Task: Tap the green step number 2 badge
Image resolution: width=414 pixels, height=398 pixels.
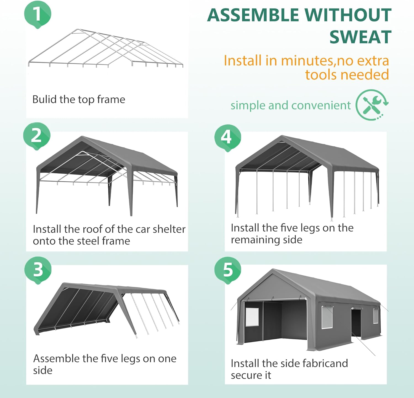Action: click(x=37, y=136)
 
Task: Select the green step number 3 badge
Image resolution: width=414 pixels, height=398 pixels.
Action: click(x=38, y=270)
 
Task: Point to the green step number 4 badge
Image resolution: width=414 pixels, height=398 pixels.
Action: click(x=228, y=137)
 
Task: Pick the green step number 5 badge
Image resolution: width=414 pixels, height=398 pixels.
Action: click(x=228, y=270)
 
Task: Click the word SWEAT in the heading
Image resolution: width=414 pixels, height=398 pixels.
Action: click(x=360, y=37)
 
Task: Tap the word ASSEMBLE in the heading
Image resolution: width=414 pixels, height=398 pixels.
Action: click(x=253, y=15)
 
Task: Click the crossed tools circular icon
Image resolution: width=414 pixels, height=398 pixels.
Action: click(x=372, y=105)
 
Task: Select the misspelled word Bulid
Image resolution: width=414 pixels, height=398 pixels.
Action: click(x=44, y=99)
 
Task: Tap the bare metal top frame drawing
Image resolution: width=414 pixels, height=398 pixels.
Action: click(x=105, y=48)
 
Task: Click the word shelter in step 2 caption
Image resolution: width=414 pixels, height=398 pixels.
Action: click(x=169, y=229)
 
